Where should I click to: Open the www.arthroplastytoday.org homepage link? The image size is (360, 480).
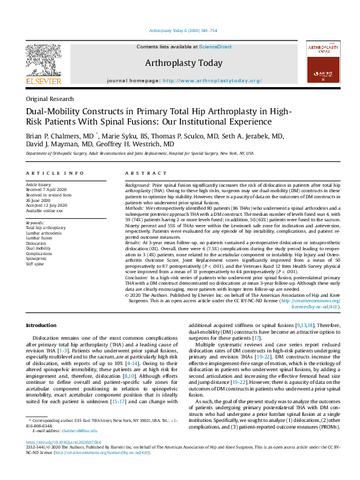(202, 80)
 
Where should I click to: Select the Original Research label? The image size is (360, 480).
(50, 99)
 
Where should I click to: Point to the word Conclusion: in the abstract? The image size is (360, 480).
(138, 273)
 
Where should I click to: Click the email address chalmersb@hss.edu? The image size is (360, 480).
(81, 430)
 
